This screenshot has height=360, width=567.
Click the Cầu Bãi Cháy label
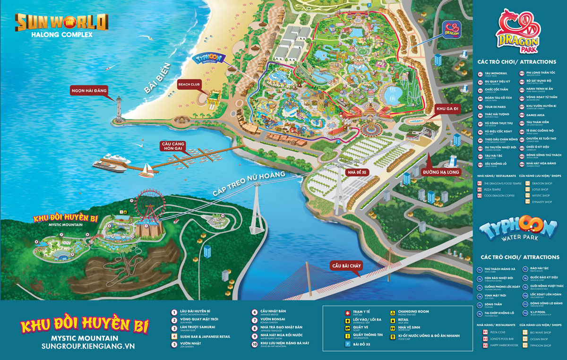click(346, 266)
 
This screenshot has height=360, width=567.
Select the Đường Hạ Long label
click(442, 172)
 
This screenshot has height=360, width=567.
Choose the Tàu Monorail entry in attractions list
click(494, 73)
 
